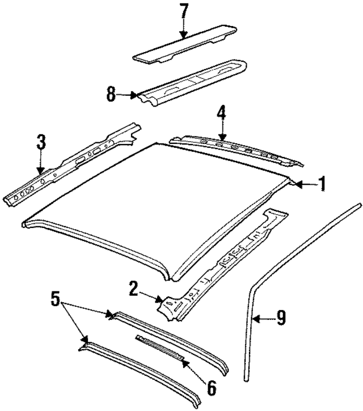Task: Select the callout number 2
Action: [133, 290]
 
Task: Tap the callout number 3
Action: [40, 142]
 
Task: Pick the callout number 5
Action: [55, 298]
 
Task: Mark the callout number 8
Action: [112, 93]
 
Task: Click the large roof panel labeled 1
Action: [153, 204]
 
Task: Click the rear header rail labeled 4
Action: [238, 149]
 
